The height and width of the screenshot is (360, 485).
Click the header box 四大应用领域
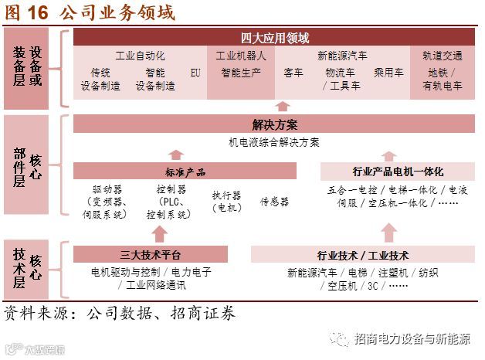[x=275, y=37]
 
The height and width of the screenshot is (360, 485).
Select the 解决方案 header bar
[x=275, y=124]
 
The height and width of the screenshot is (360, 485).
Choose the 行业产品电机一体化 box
[x=397, y=172]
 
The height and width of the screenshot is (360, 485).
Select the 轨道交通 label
[x=443, y=56]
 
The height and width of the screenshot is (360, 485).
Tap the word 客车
[x=293, y=73]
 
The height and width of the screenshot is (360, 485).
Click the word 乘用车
[x=388, y=73]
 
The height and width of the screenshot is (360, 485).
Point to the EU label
[x=195, y=73]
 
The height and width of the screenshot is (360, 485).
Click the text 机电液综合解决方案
[x=274, y=142]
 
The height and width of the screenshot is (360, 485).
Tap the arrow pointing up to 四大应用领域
[x=283, y=106]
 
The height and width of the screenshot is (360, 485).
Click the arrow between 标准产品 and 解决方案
[x=176, y=155]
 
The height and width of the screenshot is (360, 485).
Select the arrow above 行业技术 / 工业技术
[x=388, y=232]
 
